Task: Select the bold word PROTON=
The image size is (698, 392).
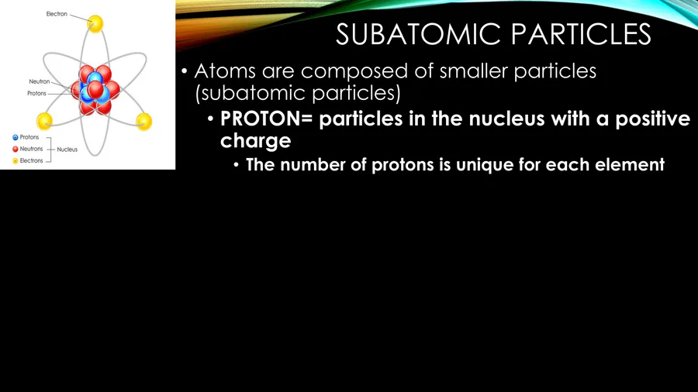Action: click(266, 119)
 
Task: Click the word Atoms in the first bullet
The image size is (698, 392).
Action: click(225, 71)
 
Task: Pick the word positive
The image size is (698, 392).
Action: click(652, 119)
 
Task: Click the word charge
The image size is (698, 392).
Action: click(255, 141)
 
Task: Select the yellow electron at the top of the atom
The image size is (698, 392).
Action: click(95, 23)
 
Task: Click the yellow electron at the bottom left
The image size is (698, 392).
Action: click(44, 122)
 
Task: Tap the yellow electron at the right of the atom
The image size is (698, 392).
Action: click(143, 122)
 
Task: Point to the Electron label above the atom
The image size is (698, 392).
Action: click(57, 14)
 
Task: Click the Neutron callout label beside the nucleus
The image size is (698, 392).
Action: click(40, 81)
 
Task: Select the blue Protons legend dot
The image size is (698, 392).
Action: click(16, 137)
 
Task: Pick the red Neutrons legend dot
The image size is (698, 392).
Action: click(16, 149)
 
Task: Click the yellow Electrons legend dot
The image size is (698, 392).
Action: click(16, 160)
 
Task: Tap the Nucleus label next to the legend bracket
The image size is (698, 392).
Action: click(67, 150)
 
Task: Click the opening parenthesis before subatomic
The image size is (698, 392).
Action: click(198, 94)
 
